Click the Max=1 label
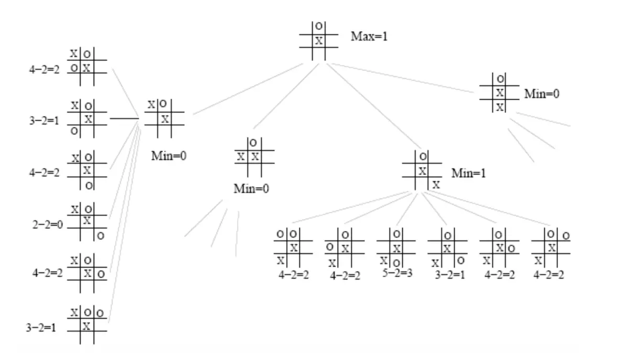coord(369,37)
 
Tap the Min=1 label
coord(468,173)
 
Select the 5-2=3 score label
coord(398,273)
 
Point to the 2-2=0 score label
coord(47,225)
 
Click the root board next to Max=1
coord(319,40)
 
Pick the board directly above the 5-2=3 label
coord(397,248)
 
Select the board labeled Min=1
coord(422,170)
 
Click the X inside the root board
coord(319,41)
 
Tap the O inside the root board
coord(319,26)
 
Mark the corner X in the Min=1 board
coord(436,185)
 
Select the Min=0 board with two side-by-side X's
coord(254,156)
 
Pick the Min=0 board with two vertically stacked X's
coord(500,93)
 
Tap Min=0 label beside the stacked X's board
coord(542,94)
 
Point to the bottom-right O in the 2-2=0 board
coord(101,236)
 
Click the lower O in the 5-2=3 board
coord(397,262)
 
